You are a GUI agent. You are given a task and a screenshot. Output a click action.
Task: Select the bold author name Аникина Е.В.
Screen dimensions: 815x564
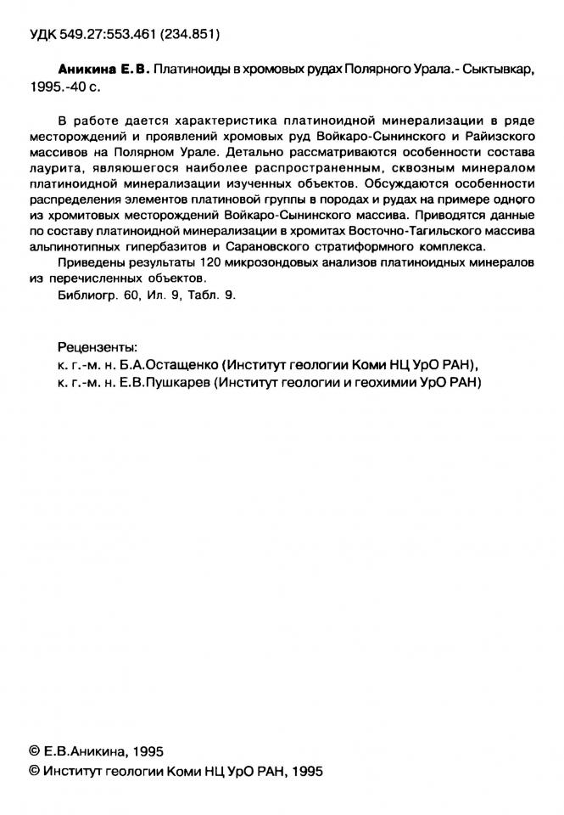[x=103, y=75]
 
